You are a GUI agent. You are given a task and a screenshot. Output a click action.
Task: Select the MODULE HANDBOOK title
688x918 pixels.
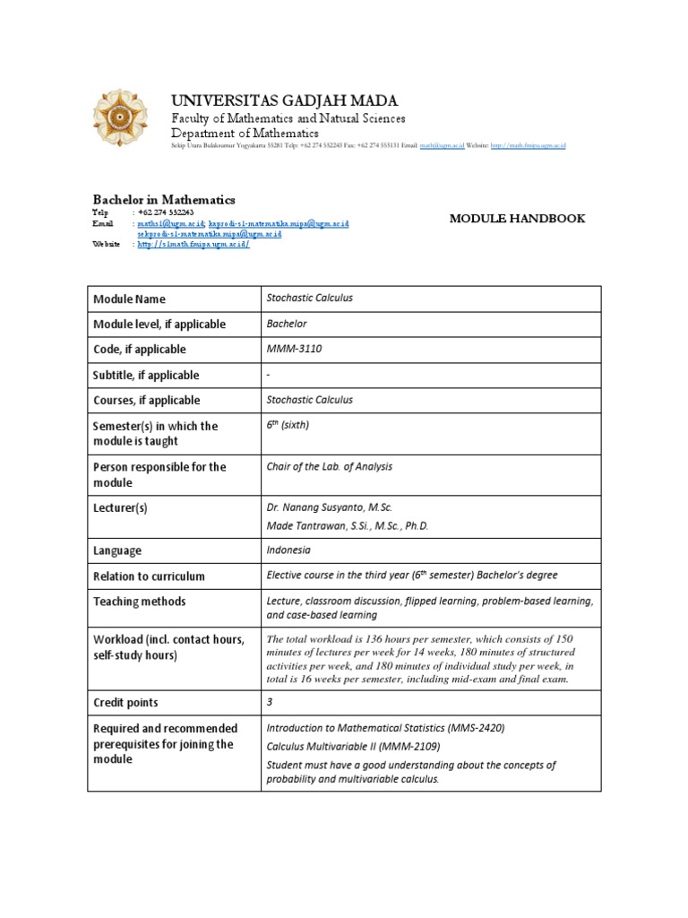517,218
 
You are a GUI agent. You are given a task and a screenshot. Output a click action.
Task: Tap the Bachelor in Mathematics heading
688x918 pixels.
164,199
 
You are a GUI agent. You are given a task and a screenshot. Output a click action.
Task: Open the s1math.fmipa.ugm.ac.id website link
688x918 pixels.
193,245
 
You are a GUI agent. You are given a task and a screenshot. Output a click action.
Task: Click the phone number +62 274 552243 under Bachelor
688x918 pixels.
167,212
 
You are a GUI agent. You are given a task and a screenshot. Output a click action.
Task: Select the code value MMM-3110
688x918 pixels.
294,349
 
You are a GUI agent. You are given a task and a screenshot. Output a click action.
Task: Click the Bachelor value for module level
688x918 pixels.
287,324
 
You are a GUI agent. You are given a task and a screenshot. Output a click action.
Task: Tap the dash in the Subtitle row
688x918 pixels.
269,375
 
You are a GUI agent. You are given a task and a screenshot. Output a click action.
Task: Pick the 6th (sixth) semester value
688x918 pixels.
288,426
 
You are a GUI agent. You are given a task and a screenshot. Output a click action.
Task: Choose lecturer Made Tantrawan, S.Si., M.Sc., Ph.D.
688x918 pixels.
348,525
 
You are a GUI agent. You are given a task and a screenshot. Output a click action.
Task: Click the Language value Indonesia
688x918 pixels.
288,550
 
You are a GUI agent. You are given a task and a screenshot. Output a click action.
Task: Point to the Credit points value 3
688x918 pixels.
270,703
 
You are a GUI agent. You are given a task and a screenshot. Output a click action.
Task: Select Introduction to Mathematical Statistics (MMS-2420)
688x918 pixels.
385,728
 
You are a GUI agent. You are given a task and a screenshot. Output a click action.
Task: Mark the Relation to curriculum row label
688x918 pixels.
149,576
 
